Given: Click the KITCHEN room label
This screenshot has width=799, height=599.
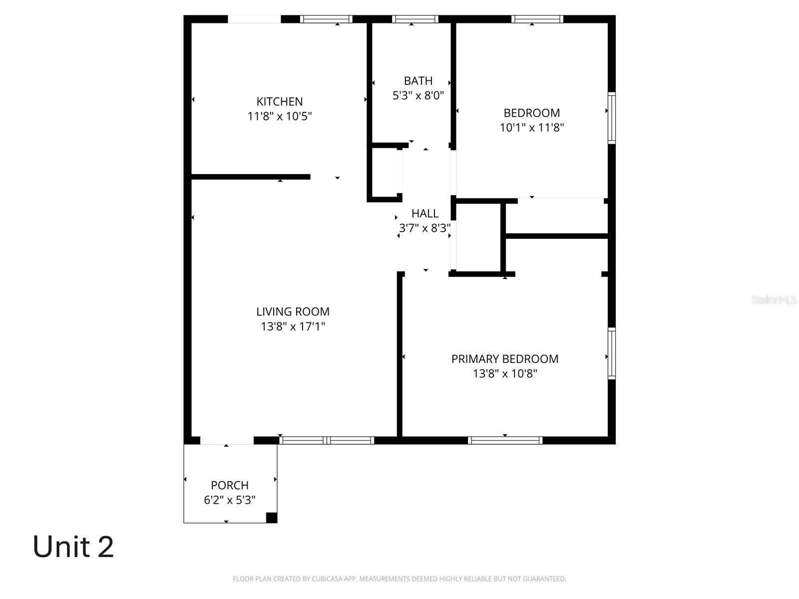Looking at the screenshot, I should coord(280,101).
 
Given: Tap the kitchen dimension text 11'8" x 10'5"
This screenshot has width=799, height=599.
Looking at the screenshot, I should coord(280,116).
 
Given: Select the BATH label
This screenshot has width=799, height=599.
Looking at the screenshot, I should coord(418,80).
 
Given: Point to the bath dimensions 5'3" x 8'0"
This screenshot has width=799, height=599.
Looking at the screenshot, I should coord(418,95).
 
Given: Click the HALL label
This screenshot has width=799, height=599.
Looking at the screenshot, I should coord(425,213).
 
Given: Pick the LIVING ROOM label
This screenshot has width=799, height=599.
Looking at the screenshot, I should coord(293,311).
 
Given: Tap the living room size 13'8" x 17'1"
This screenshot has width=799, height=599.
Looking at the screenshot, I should coord(293,326).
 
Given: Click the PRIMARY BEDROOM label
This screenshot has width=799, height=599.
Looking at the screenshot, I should coord(505,359).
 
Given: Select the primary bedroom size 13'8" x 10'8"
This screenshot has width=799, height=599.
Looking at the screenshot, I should coord(505,373).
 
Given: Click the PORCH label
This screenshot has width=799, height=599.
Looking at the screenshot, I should coord(230,485).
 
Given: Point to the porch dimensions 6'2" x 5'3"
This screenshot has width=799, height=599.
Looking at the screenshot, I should coord(230,500).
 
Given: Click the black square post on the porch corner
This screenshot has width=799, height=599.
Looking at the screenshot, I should coord(271,518).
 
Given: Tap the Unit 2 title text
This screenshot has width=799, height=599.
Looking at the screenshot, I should coord(73,547).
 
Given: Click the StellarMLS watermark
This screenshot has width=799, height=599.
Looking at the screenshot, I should coord(774,300).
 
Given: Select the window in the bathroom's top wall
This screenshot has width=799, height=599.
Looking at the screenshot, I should coord(415,19).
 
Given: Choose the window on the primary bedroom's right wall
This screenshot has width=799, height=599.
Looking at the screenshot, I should coord(611,353).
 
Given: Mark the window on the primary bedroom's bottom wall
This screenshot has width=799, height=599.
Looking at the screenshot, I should coord(505,440).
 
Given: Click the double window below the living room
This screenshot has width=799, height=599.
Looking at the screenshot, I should coord(327,440).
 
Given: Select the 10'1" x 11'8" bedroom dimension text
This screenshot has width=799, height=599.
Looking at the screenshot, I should coord(532,128).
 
